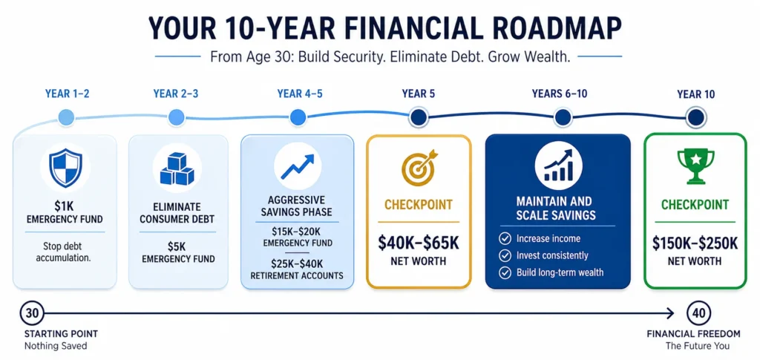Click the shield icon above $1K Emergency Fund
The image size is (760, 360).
point(65,168)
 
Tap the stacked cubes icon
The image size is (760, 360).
point(177,168)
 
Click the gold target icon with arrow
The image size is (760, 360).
point(419,168)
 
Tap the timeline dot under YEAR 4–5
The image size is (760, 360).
point(298,117)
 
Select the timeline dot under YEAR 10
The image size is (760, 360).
point(695,117)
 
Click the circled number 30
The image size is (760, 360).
point(31,313)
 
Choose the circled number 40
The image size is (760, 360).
point(698,313)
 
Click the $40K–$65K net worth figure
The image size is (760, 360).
point(419,241)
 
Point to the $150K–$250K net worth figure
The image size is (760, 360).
point(695,241)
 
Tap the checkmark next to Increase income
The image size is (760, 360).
point(505,238)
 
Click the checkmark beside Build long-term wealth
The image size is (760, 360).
point(505,272)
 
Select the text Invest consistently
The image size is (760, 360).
point(553,255)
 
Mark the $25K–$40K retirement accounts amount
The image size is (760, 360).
point(298,263)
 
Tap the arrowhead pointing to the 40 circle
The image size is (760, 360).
point(670,313)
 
